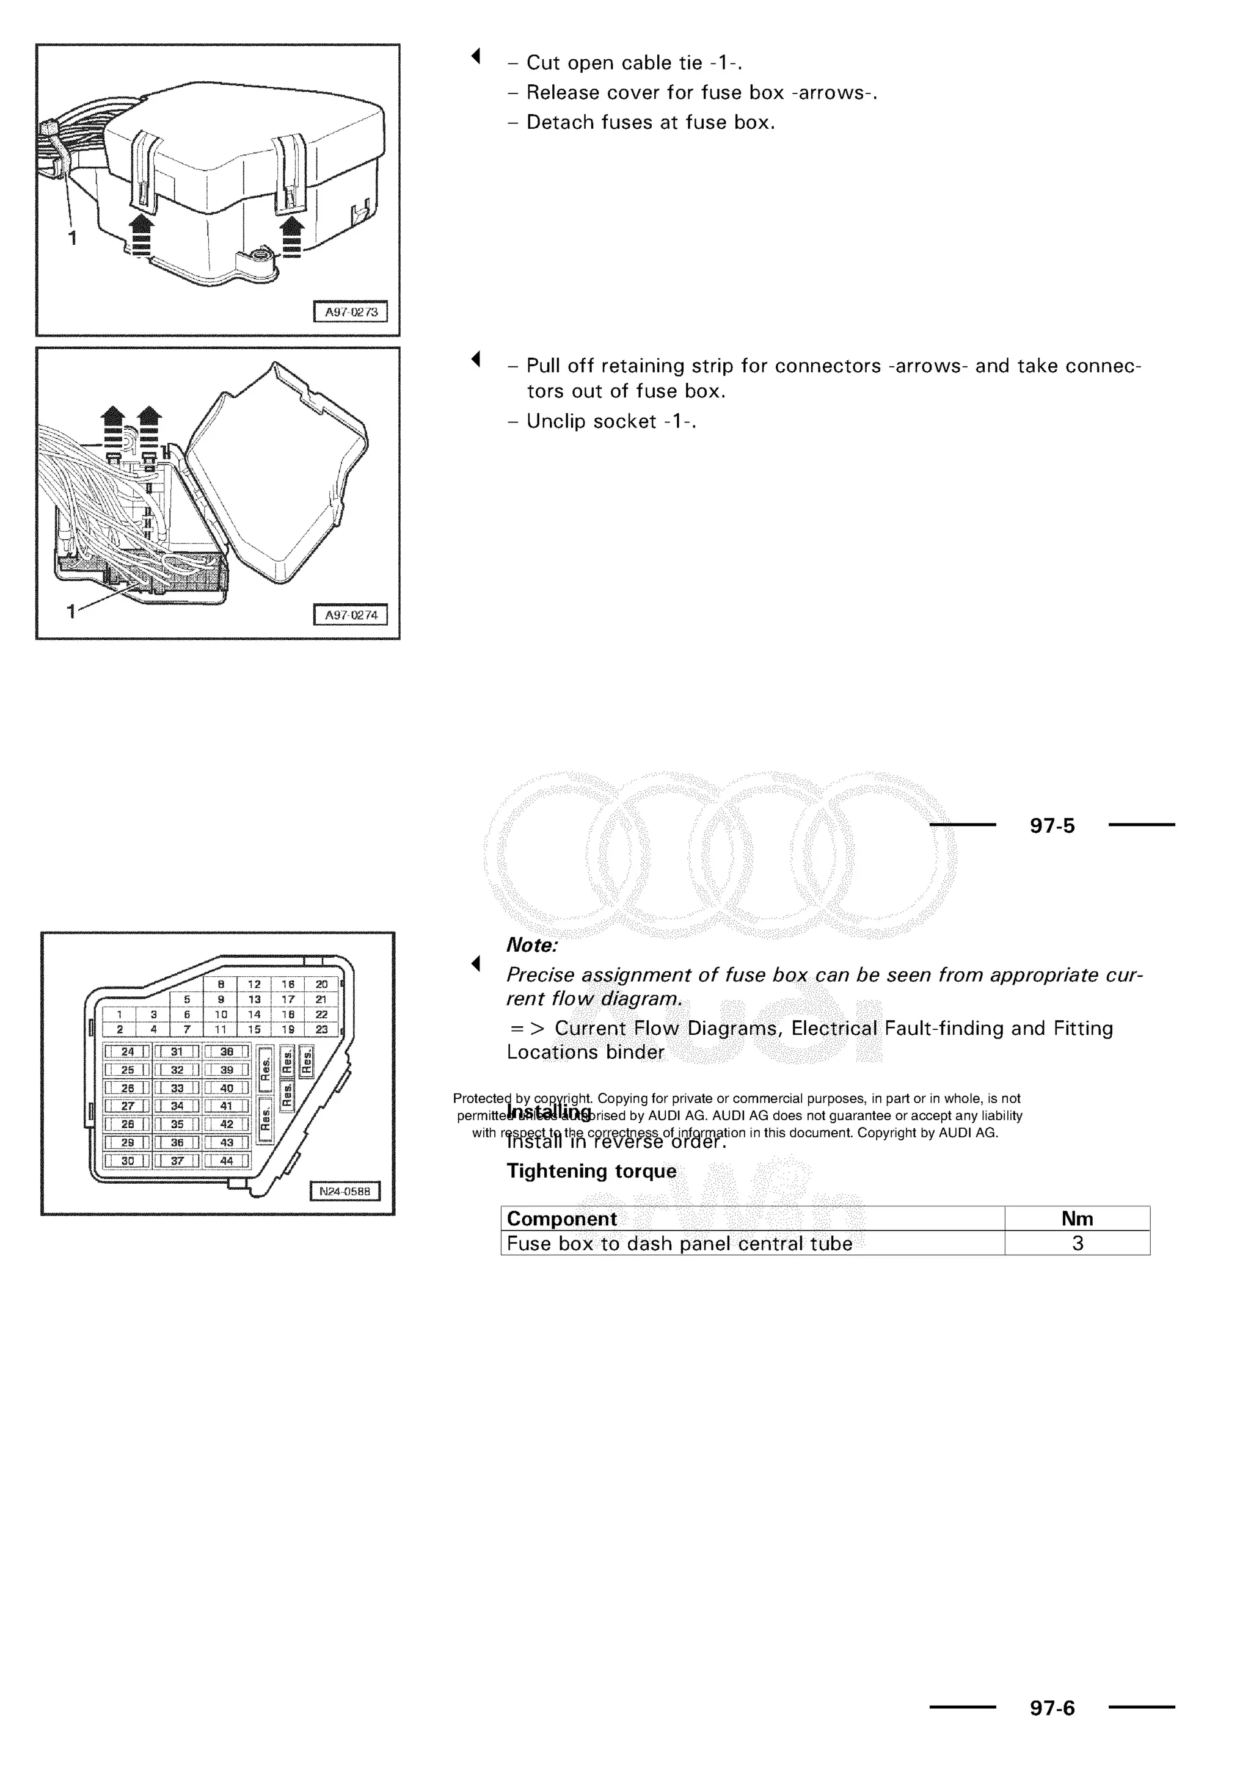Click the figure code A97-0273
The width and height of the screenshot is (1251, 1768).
[351, 312]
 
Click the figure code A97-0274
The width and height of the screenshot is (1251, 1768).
[351, 615]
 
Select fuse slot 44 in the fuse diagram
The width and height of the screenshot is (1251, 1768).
[227, 1161]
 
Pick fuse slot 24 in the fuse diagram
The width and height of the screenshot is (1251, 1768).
[128, 1051]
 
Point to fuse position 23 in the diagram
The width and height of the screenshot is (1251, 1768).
[322, 1029]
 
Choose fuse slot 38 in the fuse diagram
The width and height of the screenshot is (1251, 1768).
[227, 1051]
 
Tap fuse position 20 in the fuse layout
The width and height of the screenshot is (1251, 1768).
[322, 984]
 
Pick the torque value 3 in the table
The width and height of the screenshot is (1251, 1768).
[1078, 1243]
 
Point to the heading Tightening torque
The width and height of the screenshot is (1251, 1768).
[591, 1170]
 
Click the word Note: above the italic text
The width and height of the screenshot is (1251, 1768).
[531, 945]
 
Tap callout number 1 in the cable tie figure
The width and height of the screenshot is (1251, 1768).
[73, 239]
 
